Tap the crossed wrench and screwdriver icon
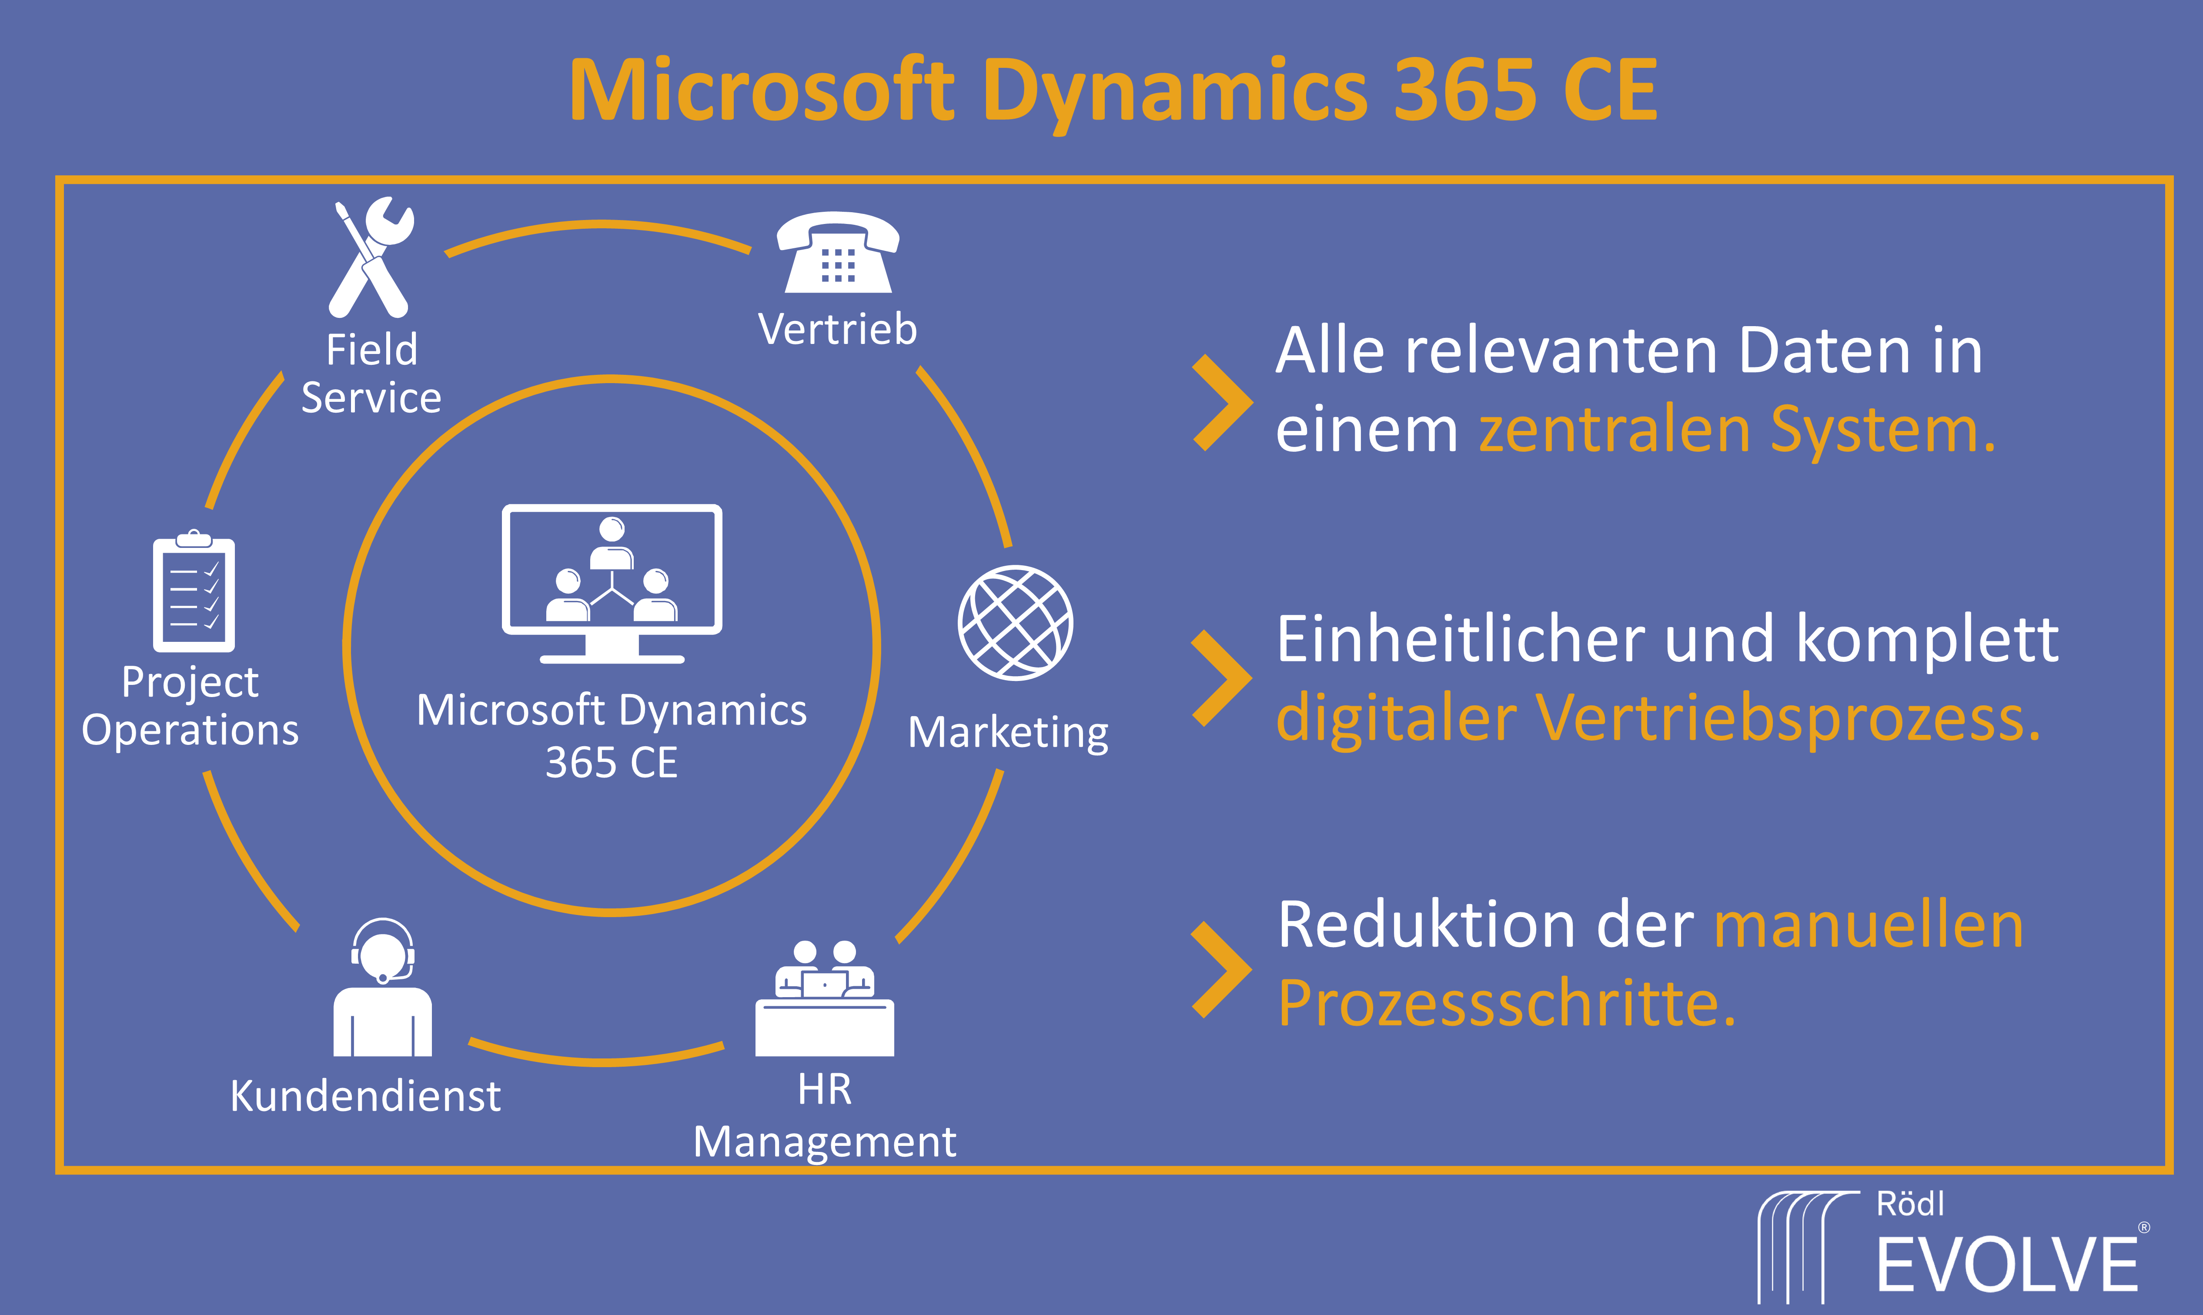click(371, 257)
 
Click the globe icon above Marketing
click(1016, 623)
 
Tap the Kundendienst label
click(365, 1096)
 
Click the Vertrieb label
click(837, 330)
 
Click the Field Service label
click(371, 373)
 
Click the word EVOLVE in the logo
click(2007, 1265)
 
